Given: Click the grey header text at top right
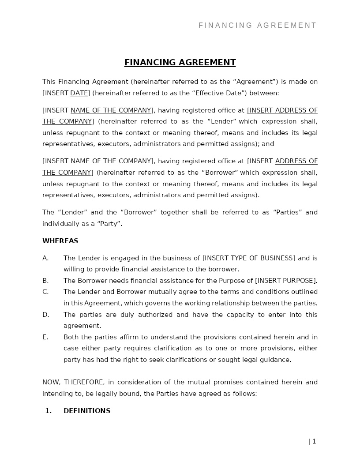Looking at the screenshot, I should (258, 26).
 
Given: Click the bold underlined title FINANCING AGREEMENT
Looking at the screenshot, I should (180, 63).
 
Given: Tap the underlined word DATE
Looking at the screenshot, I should (79, 93).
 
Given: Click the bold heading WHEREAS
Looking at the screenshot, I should (60, 241).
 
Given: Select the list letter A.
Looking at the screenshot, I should (45, 258).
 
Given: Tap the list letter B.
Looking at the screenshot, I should (45, 281).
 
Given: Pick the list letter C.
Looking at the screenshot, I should (45, 292).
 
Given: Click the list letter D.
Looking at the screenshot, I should (45, 315).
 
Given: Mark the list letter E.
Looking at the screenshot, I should (45, 337).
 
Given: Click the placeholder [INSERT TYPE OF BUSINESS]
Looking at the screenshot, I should (249, 258).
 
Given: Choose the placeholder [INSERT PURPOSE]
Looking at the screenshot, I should (286, 281).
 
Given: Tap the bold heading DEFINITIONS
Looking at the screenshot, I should (87, 411).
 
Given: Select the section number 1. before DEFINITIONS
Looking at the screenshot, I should (48, 411).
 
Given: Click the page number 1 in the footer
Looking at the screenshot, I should (314, 441).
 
